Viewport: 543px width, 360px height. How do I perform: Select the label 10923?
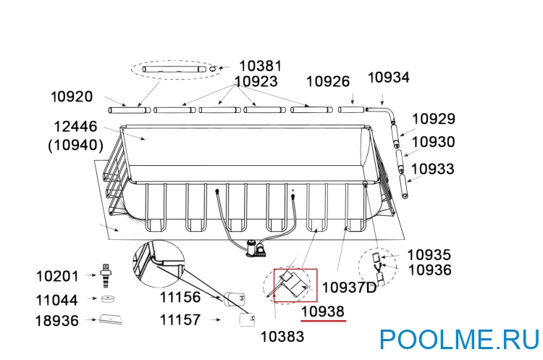(256, 82)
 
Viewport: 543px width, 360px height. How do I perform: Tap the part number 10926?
(328, 82)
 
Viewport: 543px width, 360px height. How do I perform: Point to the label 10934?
(389, 78)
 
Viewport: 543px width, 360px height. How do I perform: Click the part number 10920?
(72, 96)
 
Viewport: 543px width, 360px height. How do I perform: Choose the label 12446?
(75, 127)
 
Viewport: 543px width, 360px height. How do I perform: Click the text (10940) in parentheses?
(75, 145)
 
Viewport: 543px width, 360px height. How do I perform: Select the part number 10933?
(433, 169)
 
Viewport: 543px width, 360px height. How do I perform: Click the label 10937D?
(349, 288)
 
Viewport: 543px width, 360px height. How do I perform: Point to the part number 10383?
(282, 336)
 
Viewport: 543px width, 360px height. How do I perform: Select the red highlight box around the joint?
(295, 285)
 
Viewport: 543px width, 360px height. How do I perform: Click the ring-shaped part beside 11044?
(109, 298)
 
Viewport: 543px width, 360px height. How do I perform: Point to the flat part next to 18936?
(111, 319)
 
